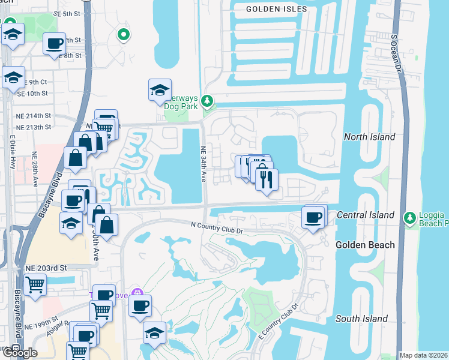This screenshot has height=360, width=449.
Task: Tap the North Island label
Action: [x=370, y=137]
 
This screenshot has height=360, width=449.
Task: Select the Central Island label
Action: [x=366, y=215]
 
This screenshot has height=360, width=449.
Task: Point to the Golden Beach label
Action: [x=365, y=245]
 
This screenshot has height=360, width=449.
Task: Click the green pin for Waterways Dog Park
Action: [x=208, y=101]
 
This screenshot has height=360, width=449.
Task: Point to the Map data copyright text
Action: [x=423, y=355]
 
